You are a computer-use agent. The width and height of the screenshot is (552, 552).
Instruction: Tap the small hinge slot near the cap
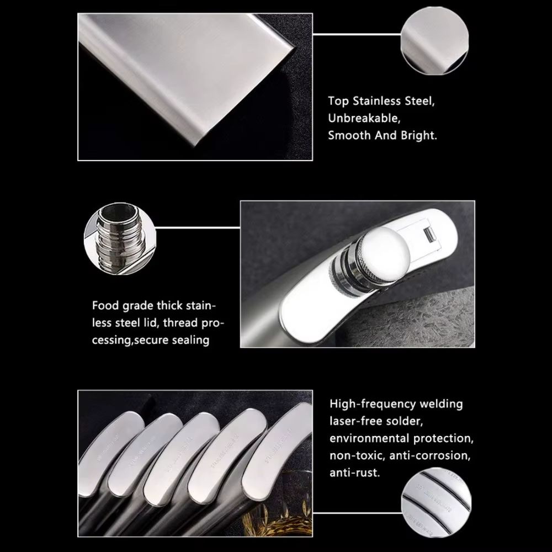(428, 235)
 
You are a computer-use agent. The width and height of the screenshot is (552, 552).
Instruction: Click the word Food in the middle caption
(105, 305)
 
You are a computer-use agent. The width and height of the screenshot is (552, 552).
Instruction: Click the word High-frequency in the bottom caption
(370, 404)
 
